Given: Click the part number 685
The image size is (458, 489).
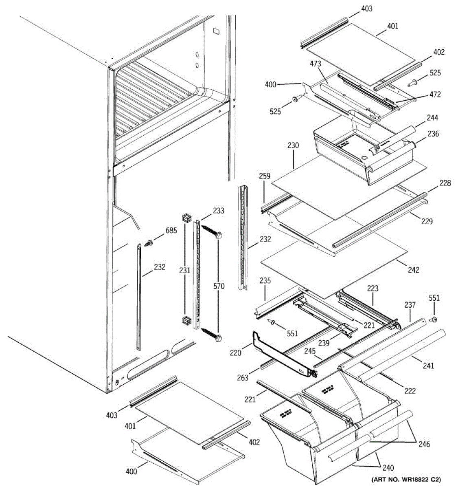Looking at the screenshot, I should click(171, 231).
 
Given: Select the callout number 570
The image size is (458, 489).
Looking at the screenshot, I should click(219, 286).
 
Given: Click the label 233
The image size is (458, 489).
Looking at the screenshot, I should click(218, 211).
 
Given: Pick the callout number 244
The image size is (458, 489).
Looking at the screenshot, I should click(432, 118).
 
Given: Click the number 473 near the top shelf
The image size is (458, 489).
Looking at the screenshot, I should click(316, 64).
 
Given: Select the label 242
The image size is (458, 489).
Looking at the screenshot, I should click(413, 270).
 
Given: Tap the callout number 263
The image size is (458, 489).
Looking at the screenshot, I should click(243, 378).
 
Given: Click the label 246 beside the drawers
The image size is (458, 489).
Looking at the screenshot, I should click(423, 444).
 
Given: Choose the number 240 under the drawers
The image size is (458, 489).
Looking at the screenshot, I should click(388, 467).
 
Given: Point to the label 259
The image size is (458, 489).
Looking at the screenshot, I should click(265, 176).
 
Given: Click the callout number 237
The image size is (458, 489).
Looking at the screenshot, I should click(410, 305).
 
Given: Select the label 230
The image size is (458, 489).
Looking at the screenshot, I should click(293, 145).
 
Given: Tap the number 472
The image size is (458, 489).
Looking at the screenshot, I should click(435, 95).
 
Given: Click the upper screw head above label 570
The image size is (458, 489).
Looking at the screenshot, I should click(219, 235).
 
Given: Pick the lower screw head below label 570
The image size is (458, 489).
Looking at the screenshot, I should click(219, 338).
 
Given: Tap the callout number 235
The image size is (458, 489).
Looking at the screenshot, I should click(265, 281).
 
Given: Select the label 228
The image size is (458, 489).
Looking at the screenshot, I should click(445, 183).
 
